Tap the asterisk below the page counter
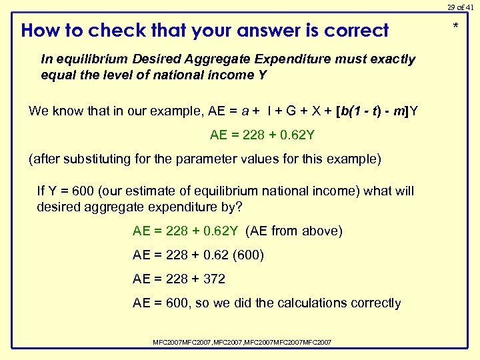456,27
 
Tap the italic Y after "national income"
261,75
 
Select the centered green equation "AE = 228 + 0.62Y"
262,135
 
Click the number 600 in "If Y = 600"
82,191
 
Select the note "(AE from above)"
294,231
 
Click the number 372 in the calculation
213,279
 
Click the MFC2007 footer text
242,342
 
